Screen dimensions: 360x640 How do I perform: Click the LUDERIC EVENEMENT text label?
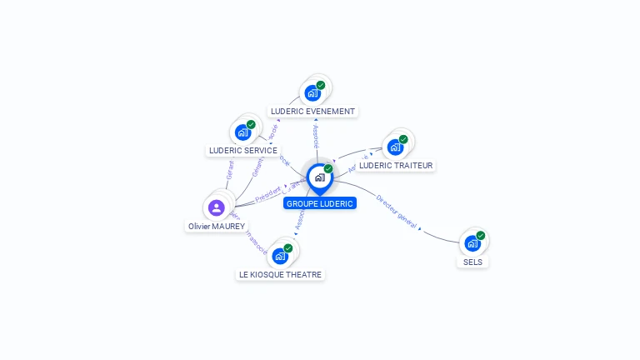pyautogui.click(x=312, y=111)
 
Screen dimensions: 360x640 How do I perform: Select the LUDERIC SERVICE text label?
pyautogui.click(x=242, y=151)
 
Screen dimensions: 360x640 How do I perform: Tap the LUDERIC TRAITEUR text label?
pyautogui.click(x=396, y=166)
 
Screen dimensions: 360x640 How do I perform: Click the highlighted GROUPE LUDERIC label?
pyautogui.click(x=320, y=203)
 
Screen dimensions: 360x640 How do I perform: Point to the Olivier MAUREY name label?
pyautogui.click(x=217, y=226)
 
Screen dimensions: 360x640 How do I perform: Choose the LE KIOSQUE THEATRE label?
pyautogui.click(x=280, y=274)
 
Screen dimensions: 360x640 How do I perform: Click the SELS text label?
pyautogui.click(x=472, y=262)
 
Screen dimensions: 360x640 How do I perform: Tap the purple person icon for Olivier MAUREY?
pyautogui.click(x=217, y=207)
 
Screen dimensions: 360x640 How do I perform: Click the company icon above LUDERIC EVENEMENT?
pyautogui.click(x=312, y=92)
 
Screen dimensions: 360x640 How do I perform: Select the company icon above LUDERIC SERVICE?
pyautogui.click(x=242, y=132)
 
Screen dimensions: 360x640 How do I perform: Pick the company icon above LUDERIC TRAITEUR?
pyautogui.click(x=395, y=147)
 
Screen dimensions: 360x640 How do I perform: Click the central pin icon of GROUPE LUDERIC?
pyautogui.click(x=319, y=177)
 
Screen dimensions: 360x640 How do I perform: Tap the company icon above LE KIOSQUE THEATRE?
pyautogui.click(x=280, y=256)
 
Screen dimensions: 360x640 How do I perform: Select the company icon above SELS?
pyautogui.click(x=472, y=243)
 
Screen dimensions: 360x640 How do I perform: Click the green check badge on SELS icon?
pyautogui.click(x=481, y=236)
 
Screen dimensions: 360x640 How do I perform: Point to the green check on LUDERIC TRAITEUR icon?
pyautogui.click(x=403, y=139)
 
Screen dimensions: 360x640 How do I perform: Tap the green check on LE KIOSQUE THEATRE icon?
pyautogui.click(x=288, y=248)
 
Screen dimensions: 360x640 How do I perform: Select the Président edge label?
pyautogui.click(x=268, y=196)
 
